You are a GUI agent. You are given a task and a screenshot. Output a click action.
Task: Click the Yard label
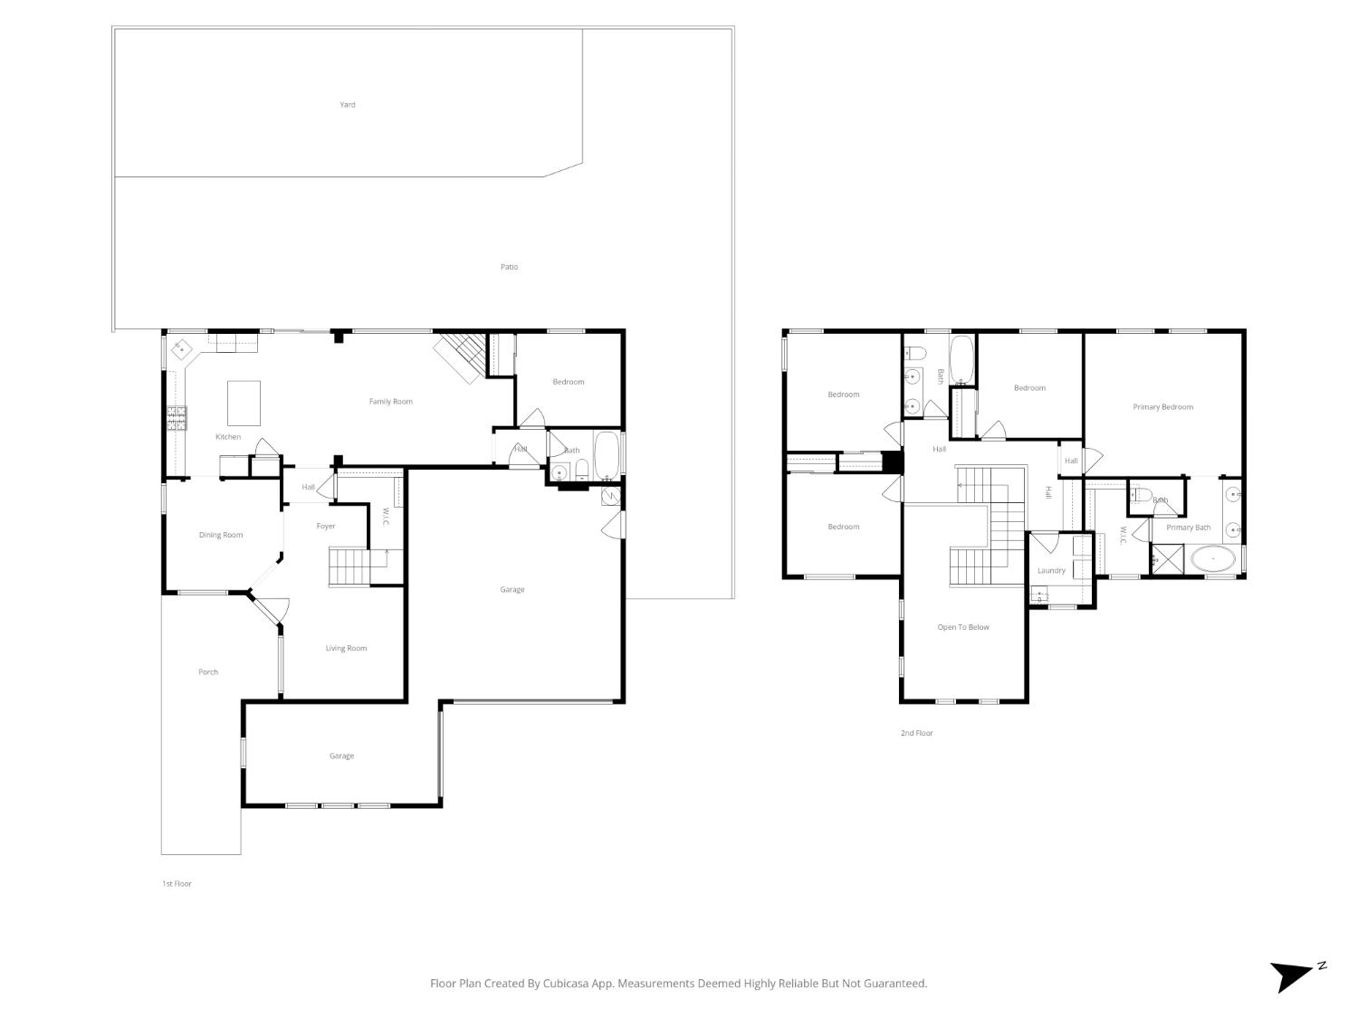pyautogui.click(x=348, y=105)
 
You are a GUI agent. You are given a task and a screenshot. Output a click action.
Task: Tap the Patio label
pyautogui.click(x=510, y=267)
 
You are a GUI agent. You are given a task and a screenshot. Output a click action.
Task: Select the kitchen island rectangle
pyautogui.click(x=244, y=403)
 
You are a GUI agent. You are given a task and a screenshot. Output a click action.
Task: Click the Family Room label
pyautogui.click(x=390, y=402)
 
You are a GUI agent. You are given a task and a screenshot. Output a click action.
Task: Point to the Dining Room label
pyautogui.click(x=221, y=535)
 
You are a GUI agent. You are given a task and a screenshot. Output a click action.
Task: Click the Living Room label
pyautogui.click(x=346, y=648)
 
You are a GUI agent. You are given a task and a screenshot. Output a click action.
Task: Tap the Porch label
pyautogui.click(x=208, y=672)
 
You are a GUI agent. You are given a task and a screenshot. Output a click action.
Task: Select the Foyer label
pyautogui.click(x=326, y=526)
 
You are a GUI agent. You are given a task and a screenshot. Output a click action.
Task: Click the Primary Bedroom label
pyautogui.click(x=1162, y=407)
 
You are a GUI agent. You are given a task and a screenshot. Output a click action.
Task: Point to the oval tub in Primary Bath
pyautogui.click(x=1212, y=560)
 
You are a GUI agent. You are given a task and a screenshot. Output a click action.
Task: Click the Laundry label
pyautogui.click(x=1051, y=571)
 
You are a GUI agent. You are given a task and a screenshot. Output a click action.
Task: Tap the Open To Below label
pyautogui.click(x=963, y=627)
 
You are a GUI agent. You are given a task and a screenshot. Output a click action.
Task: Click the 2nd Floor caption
pyautogui.click(x=916, y=733)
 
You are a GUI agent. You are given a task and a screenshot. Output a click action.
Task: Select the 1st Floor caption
pyautogui.click(x=177, y=884)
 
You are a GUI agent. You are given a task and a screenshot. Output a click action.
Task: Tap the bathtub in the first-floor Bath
pyautogui.click(x=607, y=455)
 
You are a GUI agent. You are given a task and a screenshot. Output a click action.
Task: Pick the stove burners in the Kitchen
pyautogui.click(x=177, y=417)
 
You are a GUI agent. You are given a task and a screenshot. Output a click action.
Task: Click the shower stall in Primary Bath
pyautogui.click(x=1167, y=559)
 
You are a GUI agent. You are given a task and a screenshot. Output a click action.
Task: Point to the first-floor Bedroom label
pyautogui.click(x=569, y=382)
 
